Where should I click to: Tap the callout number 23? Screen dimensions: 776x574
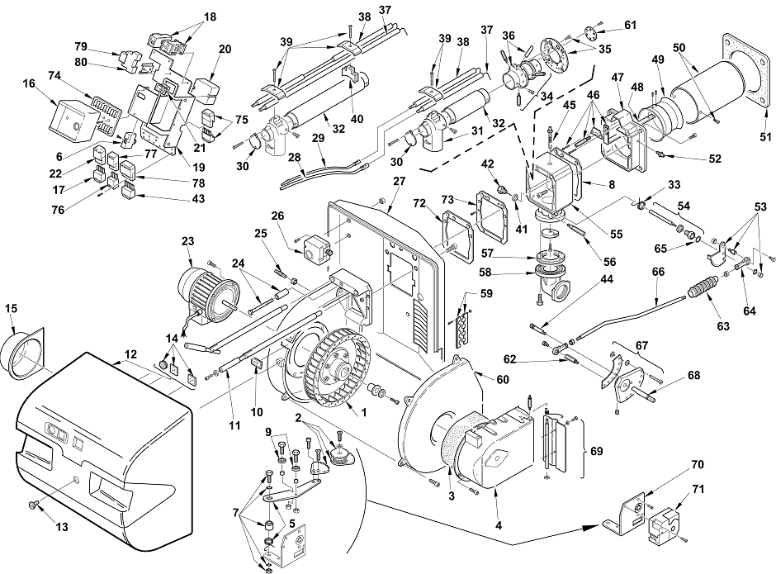[187, 241]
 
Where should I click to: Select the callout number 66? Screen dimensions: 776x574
[658, 272]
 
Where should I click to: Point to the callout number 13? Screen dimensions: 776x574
[61, 527]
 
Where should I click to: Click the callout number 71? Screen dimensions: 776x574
[698, 490]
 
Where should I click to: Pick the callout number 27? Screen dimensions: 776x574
[399, 181]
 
